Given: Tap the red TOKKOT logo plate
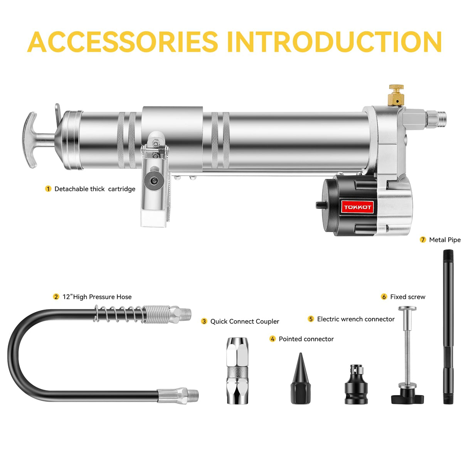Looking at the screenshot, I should [x=357, y=207].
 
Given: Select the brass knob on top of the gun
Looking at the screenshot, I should [x=396, y=95].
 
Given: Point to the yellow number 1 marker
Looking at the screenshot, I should [x=48, y=189].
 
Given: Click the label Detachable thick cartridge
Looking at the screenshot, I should [x=95, y=189].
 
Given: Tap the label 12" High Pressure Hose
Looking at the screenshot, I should [x=97, y=297].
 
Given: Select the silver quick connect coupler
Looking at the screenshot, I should [x=237, y=370].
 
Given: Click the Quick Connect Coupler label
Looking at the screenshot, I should [x=244, y=322].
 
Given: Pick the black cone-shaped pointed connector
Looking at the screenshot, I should [x=300, y=380].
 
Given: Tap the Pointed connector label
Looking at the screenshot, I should [x=306, y=339].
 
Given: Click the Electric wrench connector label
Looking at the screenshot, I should [x=355, y=319].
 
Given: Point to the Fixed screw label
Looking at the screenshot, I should [x=407, y=297].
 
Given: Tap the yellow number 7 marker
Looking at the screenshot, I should [x=423, y=240].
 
